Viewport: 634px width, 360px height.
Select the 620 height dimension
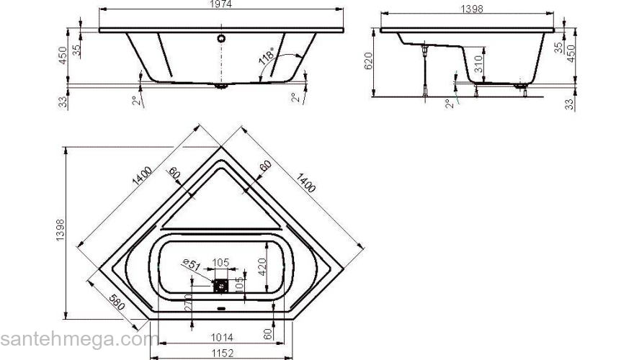(x=369, y=63)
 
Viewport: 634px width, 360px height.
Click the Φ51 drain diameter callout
(x=190, y=264)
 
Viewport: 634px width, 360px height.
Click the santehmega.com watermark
(x=79, y=339)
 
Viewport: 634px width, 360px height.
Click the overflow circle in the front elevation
(x=222, y=38)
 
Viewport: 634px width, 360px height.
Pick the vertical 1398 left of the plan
(x=61, y=233)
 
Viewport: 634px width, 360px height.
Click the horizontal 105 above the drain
(x=220, y=261)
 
